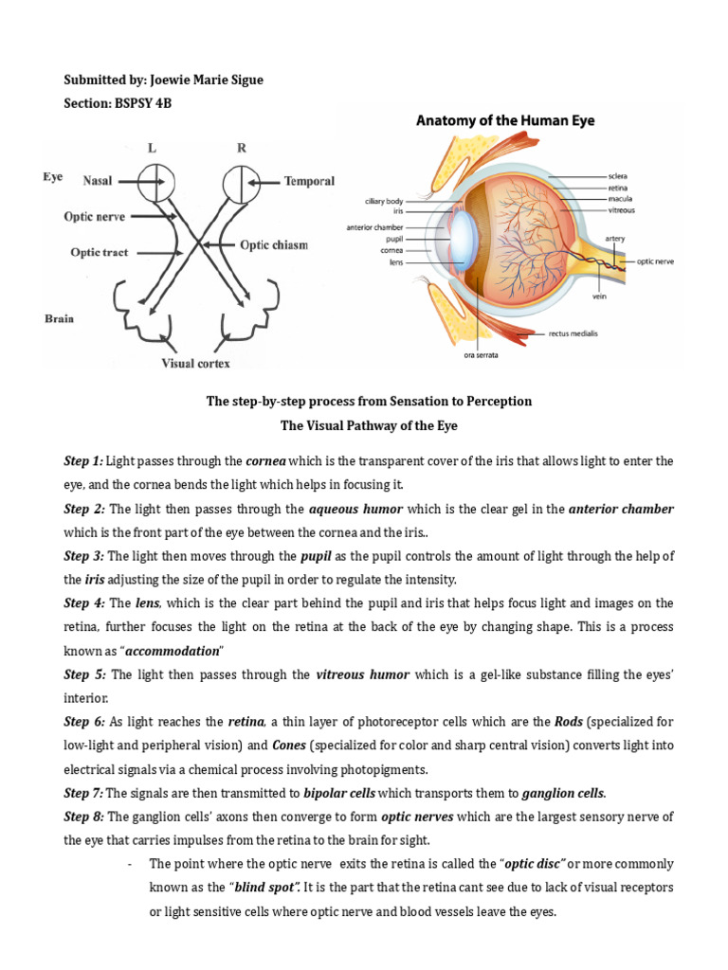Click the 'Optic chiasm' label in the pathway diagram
click(x=273, y=245)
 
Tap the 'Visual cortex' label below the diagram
click(x=194, y=362)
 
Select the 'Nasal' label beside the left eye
click(x=99, y=179)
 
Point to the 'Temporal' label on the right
click(x=309, y=180)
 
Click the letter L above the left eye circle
click(x=153, y=149)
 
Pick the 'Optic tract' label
click(x=100, y=253)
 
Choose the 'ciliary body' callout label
click(x=384, y=201)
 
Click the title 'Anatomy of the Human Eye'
click(x=505, y=121)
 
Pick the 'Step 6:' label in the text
click(x=84, y=721)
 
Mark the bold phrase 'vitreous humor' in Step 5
click(x=362, y=674)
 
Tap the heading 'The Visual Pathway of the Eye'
click(x=369, y=425)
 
